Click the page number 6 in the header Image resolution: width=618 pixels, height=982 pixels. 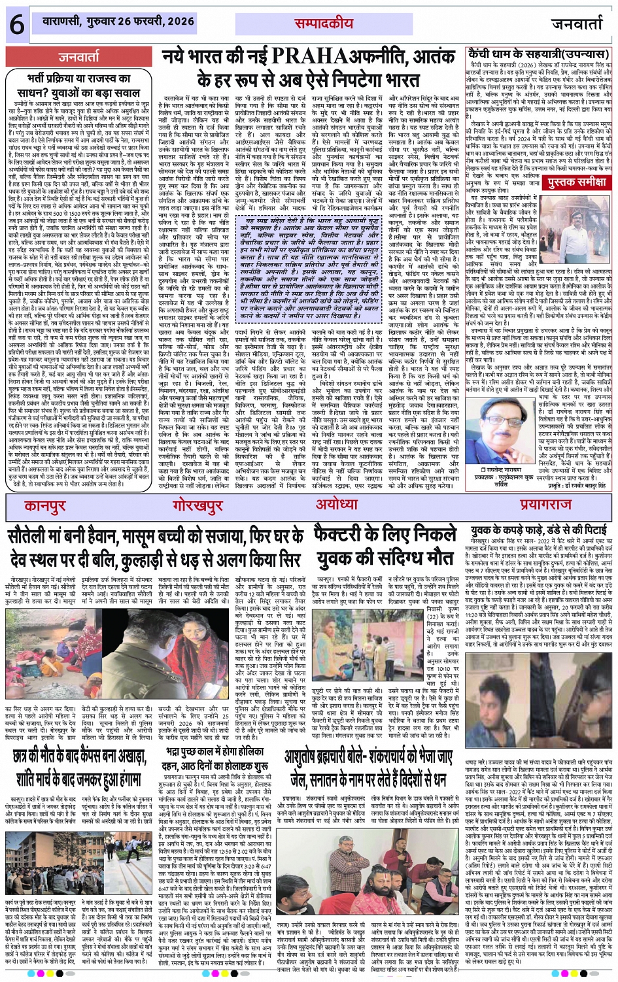tap(17, 24)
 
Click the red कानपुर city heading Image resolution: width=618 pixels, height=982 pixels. tap(45, 506)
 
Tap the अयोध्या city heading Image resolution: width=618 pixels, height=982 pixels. tap(337, 505)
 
